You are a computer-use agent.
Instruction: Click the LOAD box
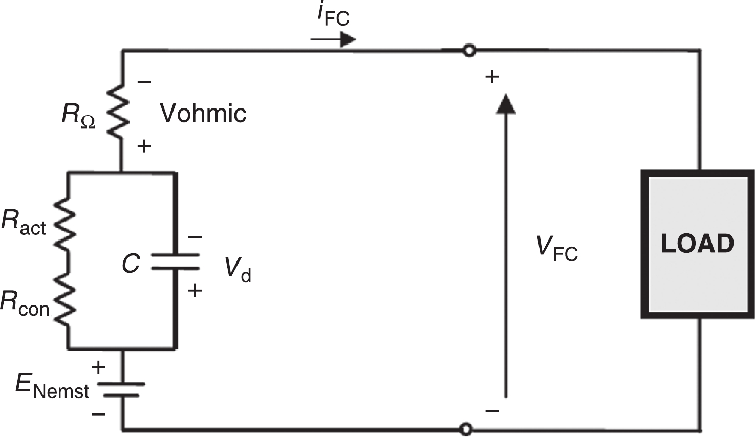coord(698,244)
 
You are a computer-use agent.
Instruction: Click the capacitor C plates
coord(175,261)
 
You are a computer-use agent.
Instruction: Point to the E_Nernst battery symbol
coord(123,389)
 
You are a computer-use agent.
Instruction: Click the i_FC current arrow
coord(333,39)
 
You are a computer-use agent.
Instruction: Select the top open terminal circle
coord(468,51)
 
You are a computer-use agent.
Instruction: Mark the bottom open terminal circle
coord(466,428)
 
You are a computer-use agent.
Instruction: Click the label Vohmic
coord(203,113)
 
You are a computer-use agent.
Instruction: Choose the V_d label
coord(238,269)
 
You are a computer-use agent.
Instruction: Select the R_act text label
coord(24,223)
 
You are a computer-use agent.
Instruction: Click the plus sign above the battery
coord(98,367)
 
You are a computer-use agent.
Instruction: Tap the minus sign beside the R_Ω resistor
coord(144,82)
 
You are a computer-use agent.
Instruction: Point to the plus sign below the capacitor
coord(195,291)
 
